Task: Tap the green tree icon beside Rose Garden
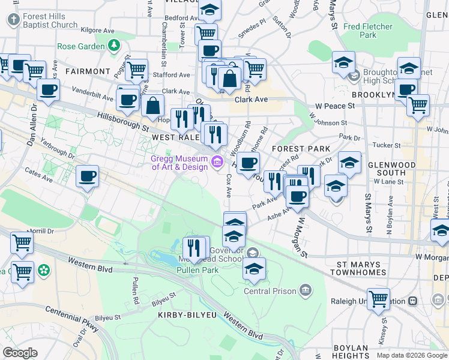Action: (113, 45)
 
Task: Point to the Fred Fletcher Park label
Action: (369, 31)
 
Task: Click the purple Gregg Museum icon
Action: (217, 161)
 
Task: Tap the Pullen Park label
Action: (193, 270)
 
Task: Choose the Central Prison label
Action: (270, 291)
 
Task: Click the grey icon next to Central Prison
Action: (306, 291)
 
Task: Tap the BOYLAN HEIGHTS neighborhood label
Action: (350, 352)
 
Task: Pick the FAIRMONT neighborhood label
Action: (88, 71)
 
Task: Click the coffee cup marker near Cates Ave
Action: (88, 176)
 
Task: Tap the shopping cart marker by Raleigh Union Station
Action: (379, 298)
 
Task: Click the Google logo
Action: (20, 353)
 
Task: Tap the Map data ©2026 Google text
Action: (412, 355)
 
